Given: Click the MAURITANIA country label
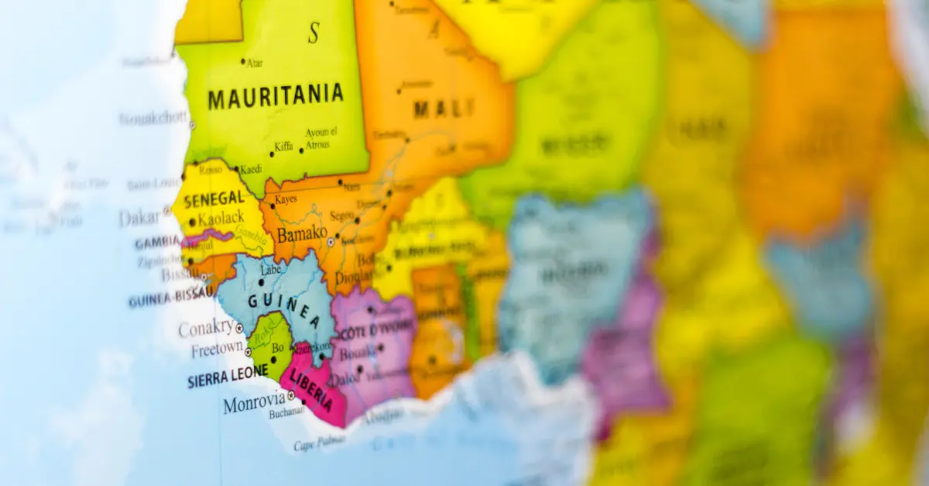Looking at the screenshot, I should pyautogui.click(x=275, y=97).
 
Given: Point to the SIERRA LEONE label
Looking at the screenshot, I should pyautogui.click(x=228, y=377).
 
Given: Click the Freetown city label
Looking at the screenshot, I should pyautogui.click(x=217, y=350).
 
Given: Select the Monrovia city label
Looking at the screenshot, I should pyautogui.click(x=253, y=403).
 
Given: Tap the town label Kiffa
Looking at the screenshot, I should pyautogui.click(x=283, y=146).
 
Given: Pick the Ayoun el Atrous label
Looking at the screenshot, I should pyautogui.click(x=321, y=138).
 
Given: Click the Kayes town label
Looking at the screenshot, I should pyautogui.click(x=286, y=199).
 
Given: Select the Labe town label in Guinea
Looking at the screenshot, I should pyautogui.click(x=271, y=270).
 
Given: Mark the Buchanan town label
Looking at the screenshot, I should pyautogui.click(x=286, y=414).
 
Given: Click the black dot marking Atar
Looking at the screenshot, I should pyautogui.click(x=243, y=61).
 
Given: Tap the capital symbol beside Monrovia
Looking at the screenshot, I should pyautogui.click(x=291, y=395).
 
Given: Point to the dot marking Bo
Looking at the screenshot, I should pyautogui.click(x=273, y=360).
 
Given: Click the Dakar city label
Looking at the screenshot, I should pyautogui.click(x=139, y=218).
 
